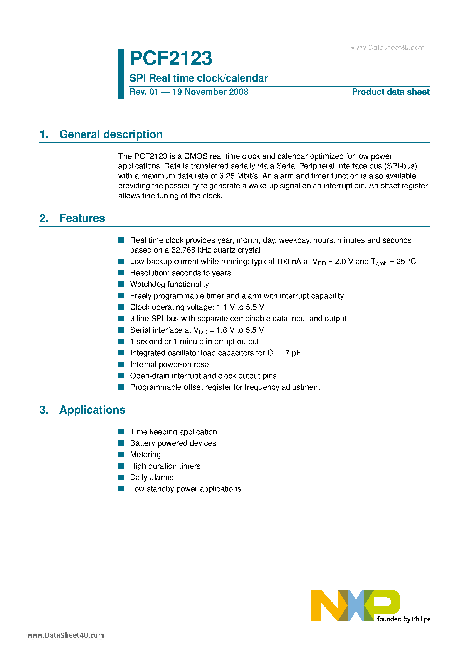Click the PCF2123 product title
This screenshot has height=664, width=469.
click(171, 58)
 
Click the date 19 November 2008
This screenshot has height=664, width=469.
click(210, 92)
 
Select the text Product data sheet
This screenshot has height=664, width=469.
click(390, 92)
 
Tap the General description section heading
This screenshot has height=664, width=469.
click(111, 134)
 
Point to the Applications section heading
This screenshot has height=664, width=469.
click(92, 410)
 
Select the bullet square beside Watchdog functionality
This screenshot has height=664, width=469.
click(121, 284)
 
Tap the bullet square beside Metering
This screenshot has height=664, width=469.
click(121, 455)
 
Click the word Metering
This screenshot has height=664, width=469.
click(146, 455)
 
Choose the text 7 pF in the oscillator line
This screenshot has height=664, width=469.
click(293, 353)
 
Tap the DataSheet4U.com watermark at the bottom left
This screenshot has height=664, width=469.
click(66, 635)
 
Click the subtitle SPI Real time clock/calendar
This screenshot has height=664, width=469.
click(198, 78)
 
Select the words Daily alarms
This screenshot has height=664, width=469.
click(152, 478)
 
